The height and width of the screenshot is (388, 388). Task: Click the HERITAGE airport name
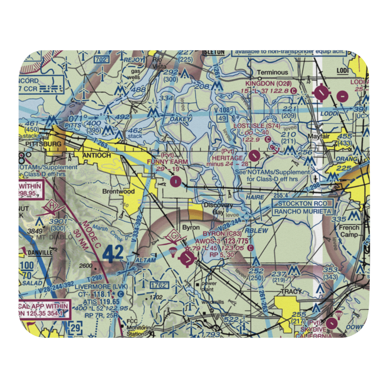tap(228, 158)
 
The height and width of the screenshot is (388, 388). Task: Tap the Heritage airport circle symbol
tap(254, 156)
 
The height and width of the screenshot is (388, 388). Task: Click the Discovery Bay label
tap(218, 208)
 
